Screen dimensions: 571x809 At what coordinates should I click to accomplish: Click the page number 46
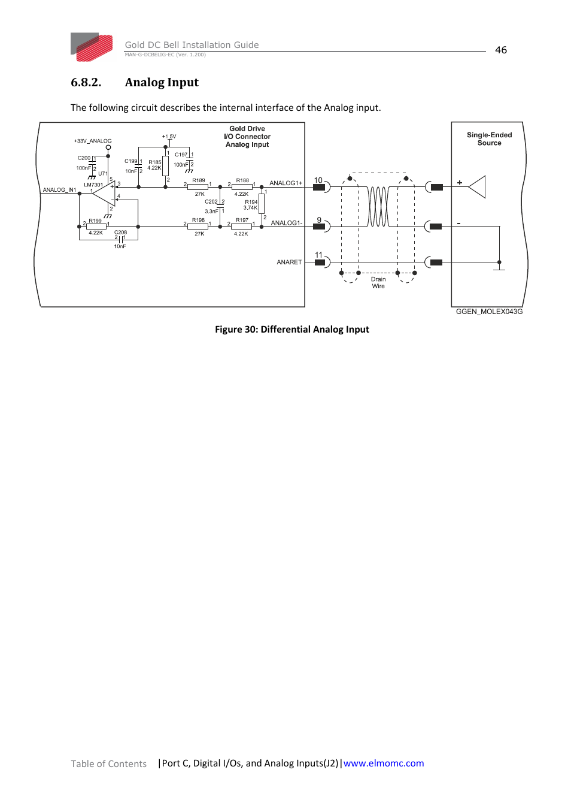500,50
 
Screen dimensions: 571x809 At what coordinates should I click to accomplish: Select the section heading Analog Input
162,82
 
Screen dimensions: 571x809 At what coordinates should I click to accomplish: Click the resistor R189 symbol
198,187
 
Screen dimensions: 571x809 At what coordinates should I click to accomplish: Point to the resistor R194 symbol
262,203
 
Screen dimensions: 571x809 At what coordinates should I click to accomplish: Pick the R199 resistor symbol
96,227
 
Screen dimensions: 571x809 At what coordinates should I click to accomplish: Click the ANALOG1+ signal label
285,183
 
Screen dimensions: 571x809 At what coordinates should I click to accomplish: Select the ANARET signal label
289,262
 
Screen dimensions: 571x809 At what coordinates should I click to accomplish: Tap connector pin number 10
318,180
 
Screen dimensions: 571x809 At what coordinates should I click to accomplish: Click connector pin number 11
318,255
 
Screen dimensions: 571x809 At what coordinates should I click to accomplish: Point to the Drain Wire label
378,282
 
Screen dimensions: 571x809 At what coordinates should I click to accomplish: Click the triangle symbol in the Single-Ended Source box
477,187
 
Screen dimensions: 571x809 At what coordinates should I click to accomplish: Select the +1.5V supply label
169,137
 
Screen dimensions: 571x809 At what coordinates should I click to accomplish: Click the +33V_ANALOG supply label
93,141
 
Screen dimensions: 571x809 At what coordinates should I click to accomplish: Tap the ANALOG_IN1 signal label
59,189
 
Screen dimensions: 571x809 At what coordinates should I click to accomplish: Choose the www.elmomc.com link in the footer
384,763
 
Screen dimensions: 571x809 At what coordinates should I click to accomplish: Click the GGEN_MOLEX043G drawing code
489,312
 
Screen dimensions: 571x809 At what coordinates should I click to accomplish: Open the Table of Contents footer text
108,763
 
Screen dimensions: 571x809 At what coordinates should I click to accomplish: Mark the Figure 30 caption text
292,330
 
